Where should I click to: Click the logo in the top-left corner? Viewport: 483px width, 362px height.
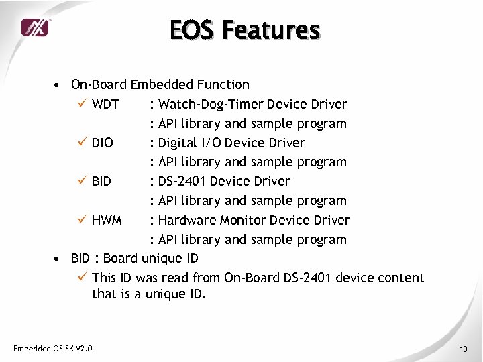tap(35, 27)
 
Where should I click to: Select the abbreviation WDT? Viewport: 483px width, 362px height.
tap(105, 104)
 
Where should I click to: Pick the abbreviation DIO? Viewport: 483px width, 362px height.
tap(103, 143)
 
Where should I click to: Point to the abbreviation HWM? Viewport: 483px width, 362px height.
tap(107, 220)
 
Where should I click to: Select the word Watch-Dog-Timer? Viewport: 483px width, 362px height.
tap(210, 104)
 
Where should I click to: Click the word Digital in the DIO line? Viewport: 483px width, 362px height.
tap(178, 143)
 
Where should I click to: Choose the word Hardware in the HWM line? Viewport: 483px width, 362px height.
tap(185, 220)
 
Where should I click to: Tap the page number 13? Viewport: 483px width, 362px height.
tap(463, 349)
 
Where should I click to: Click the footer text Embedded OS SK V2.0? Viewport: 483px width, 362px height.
tap(53, 348)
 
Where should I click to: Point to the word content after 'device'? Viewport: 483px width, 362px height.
tap(400, 278)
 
